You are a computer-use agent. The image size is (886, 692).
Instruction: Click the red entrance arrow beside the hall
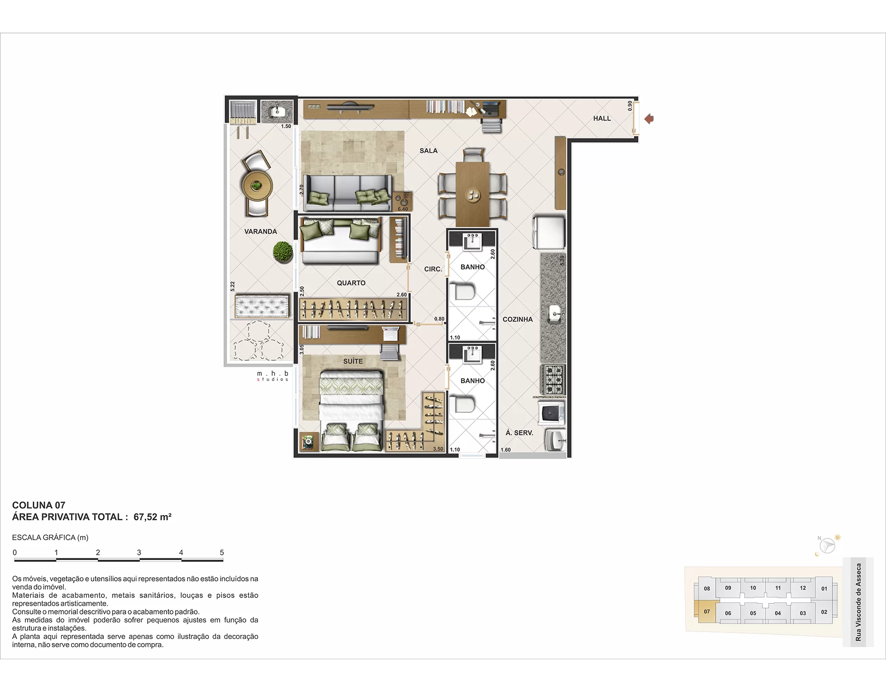(x=649, y=119)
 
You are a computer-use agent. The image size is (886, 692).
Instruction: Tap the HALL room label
(x=602, y=119)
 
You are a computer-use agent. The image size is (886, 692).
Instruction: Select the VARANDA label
(x=261, y=232)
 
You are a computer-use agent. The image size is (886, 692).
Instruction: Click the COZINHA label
(x=518, y=319)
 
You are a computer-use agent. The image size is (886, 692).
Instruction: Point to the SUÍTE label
(x=353, y=361)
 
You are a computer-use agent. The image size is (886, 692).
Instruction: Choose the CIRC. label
(x=433, y=269)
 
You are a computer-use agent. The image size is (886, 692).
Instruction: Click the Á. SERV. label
(x=519, y=433)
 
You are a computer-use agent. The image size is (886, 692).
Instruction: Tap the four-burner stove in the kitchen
(x=553, y=380)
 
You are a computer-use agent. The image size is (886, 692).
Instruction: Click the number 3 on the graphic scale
(x=139, y=552)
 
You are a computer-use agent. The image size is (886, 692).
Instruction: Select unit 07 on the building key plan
(x=707, y=612)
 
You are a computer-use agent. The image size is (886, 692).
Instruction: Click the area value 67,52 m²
(x=152, y=517)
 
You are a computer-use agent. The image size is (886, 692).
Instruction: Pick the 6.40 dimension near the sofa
(x=402, y=209)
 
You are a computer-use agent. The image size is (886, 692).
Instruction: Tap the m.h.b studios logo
(x=273, y=376)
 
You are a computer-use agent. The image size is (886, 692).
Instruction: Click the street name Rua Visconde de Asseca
(x=858, y=602)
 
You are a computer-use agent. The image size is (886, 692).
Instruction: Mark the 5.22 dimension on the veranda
(x=233, y=286)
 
